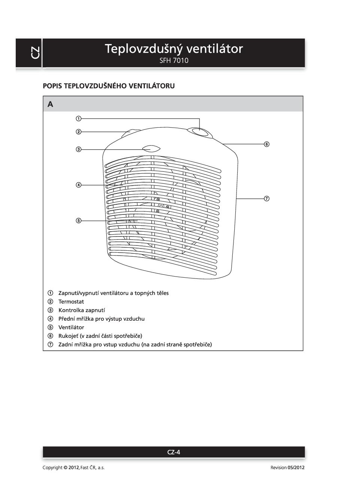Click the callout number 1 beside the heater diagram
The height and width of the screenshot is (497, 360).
pos(79,119)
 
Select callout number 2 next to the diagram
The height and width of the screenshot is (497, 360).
pos(79,132)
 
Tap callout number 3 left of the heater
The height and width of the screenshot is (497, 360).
pos(79,150)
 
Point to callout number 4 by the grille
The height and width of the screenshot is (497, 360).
pos(79,185)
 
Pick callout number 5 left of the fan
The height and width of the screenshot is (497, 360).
pos(79,221)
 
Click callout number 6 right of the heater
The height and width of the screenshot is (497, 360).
pos(267,144)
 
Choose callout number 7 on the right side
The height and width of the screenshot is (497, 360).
pos(267,198)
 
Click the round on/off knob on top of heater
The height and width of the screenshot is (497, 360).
pos(199,131)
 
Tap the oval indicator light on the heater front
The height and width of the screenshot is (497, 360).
pos(151,149)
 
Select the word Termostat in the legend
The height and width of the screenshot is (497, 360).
pos(71,302)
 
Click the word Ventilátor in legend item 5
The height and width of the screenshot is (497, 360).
pos(71,327)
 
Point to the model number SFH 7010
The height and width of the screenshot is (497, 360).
pos(174,61)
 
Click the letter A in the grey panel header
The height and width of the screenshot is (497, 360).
pos(50,104)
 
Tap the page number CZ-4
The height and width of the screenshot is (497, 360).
pos(174,452)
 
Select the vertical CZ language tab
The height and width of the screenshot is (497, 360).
pos(35,53)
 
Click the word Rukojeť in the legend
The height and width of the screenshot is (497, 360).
pos(68,336)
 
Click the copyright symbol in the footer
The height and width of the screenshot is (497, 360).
pos(66,468)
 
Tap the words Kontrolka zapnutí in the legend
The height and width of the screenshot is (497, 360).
pos(82,310)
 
